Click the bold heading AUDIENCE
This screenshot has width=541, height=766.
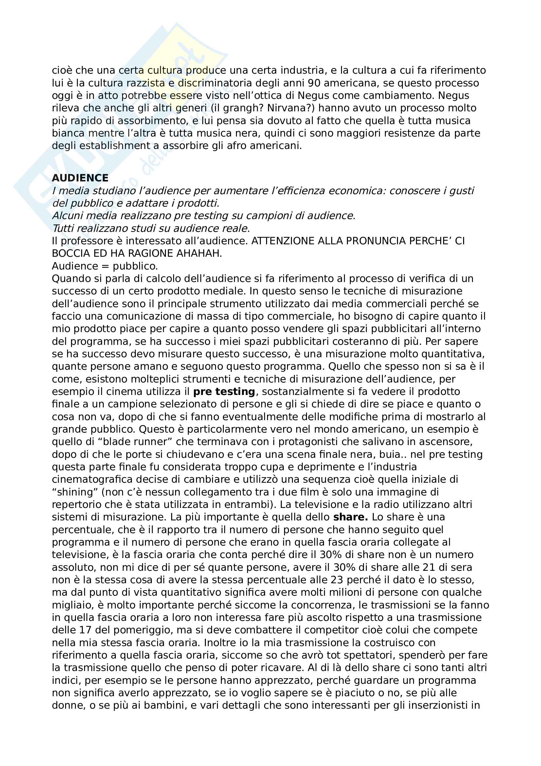pos(80,178)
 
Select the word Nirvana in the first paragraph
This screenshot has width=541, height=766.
pos(288,108)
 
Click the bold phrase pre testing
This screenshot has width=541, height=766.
pos(224,392)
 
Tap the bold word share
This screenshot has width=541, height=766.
pos(350,517)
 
